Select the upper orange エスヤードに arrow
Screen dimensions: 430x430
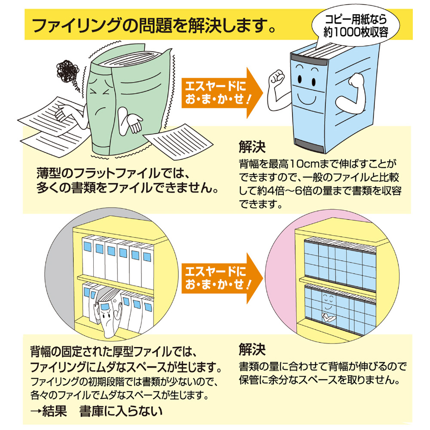[222, 93]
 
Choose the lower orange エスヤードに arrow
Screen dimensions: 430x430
[222, 278]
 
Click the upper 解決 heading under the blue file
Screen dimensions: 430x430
[252, 147]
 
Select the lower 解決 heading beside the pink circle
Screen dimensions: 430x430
[252, 349]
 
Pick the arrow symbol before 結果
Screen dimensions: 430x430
[36, 412]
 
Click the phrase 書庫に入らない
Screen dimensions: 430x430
[121, 411]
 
